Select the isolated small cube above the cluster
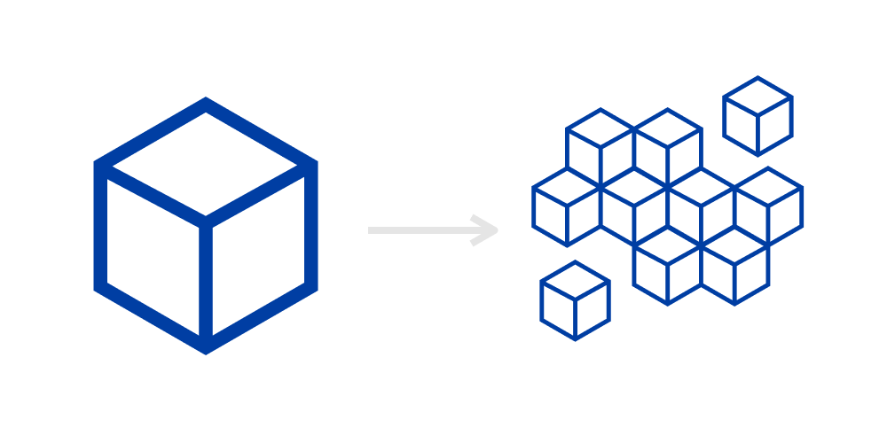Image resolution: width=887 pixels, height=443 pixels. pos(757,116)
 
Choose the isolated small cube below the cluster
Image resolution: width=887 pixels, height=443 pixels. pos(575,300)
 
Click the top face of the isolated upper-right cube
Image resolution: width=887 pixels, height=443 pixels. pos(757,97)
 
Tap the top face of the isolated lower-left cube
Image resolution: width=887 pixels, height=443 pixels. pos(575,281)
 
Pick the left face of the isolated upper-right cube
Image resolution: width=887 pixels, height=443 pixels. pos(742,125)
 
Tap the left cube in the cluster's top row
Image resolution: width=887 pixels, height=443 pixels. pos(600,148)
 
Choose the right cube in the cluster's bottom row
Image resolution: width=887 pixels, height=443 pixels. pos(734,265)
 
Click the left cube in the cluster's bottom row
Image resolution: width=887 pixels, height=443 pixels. pos(667,265)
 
